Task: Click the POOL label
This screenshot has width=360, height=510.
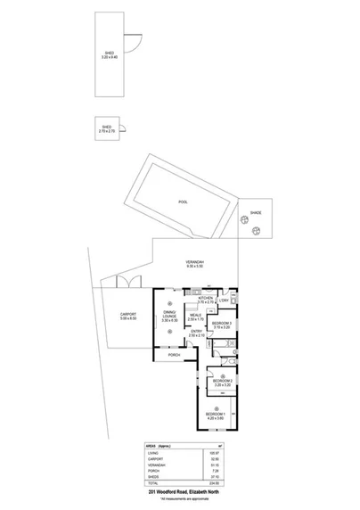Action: coord(184,202)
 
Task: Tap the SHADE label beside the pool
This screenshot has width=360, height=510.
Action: coord(256,213)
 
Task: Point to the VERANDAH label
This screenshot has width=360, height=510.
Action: coord(195,262)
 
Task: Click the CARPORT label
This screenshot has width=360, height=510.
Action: coord(127,313)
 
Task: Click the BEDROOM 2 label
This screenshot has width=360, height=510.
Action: coord(222,380)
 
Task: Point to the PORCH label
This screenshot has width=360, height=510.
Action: coord(175,355)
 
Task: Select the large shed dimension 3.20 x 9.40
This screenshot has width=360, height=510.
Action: coord(110,57)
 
